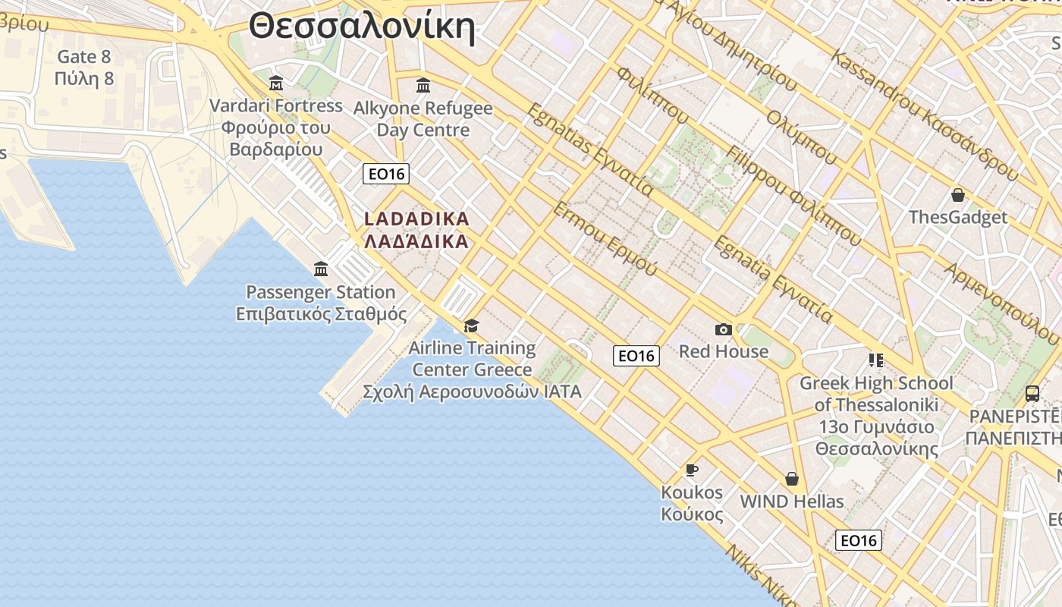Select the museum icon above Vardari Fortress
(x=276, y=83)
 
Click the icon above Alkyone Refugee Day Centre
(x=423, y=85)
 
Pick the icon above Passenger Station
(x=321, y=269)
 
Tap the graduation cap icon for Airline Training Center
(x=472, y=326)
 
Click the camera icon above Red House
(x=724, y=329)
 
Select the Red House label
(x=724, y=351)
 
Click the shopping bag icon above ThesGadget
(x=958, y=195)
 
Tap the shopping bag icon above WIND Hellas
(x=792, y=479)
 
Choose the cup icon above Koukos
(x=692, y=470)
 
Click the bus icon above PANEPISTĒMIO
(x=1032, y=393)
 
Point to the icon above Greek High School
(x=876, y=360)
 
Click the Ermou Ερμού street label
(x=605, y=238)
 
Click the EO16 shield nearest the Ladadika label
(x=386, y=174)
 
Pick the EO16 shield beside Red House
(x=636, y=355)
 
